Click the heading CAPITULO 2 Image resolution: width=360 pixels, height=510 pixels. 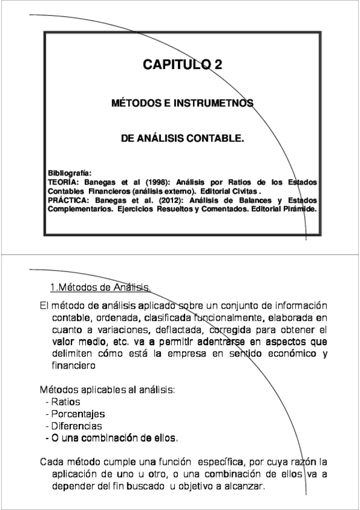[x=182, y=65]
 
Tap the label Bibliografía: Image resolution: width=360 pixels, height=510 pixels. [x=69, y=172]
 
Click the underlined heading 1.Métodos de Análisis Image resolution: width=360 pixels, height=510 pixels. [x=100, y=286]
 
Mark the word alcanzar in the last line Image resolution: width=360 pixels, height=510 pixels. [x=244, y=486]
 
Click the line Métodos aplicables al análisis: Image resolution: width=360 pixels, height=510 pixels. [x=107, y=389]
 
